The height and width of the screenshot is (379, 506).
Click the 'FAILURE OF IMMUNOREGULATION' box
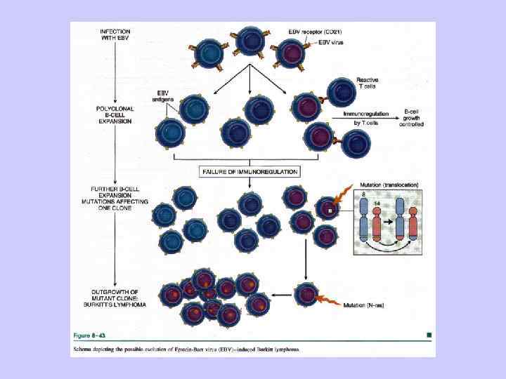click(249, 171)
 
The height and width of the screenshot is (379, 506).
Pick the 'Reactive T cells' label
click(368, 84)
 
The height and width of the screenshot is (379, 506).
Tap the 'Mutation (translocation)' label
click(389, 185)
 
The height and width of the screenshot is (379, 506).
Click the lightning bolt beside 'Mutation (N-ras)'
click(327, 300)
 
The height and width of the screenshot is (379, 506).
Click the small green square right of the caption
click(429, 335)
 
